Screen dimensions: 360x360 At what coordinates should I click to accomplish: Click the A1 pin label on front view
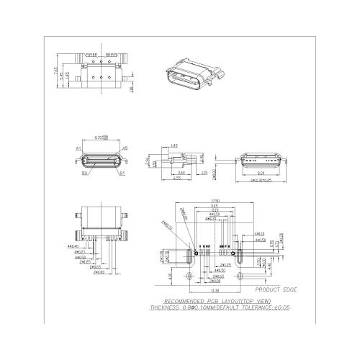coord(77,148)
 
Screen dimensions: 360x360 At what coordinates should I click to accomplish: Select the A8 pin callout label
coord(125,148)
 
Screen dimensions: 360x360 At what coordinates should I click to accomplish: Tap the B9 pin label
coord(84,173)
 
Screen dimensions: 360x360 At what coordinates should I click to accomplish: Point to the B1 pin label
coord(122,173)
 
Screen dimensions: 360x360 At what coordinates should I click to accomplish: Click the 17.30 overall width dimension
coord(214,200)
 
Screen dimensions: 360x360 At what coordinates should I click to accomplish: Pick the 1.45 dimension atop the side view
coord(174,145)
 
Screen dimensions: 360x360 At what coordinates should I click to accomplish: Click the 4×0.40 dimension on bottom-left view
coord(73,246)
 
